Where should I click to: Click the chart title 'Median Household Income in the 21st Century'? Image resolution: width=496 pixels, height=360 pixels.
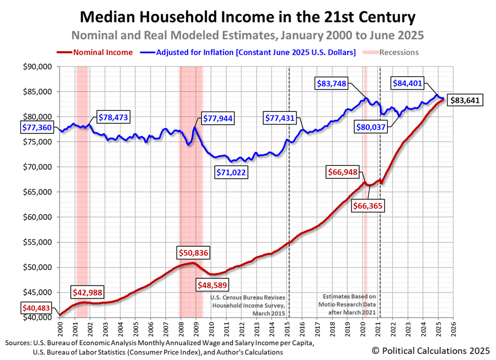point(248,17)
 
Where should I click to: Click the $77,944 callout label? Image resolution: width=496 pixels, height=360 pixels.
point(220,118)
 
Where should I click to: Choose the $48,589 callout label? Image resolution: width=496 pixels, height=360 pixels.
point(209,284)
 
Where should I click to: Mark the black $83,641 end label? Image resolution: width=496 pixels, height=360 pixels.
point(465,100)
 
